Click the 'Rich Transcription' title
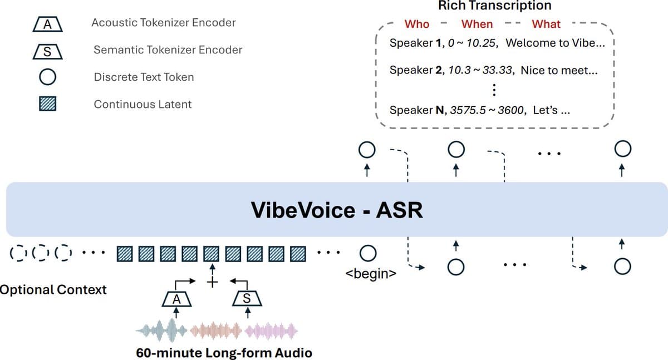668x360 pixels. click(x=494, y=6)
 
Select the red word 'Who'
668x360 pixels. click(x=417, y=24)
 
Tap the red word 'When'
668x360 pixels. click(x=477, y=24)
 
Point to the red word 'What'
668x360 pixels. click(x=546, y=24)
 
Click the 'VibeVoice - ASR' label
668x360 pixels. click(x=337, y=210)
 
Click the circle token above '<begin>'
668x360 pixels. click(x=366, y=254)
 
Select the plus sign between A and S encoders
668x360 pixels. click(x=211, y=282)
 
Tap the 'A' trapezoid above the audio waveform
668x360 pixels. click(x=176, y=299)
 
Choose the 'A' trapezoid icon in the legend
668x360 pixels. click(x=47, y=24)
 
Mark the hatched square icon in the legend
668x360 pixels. click(x=47, y=103)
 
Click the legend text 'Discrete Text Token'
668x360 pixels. click(x=144, y=77)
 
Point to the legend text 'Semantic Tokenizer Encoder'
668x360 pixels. click(x=168, y=50)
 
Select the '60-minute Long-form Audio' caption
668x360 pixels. click(x=224, y=353)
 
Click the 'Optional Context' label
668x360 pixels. click(x=53, y=289)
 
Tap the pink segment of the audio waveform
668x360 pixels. click(x=272, y=332)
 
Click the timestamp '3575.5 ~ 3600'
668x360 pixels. click(x=487, y=110)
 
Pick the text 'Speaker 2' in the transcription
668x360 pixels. click(x=415, y=71)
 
